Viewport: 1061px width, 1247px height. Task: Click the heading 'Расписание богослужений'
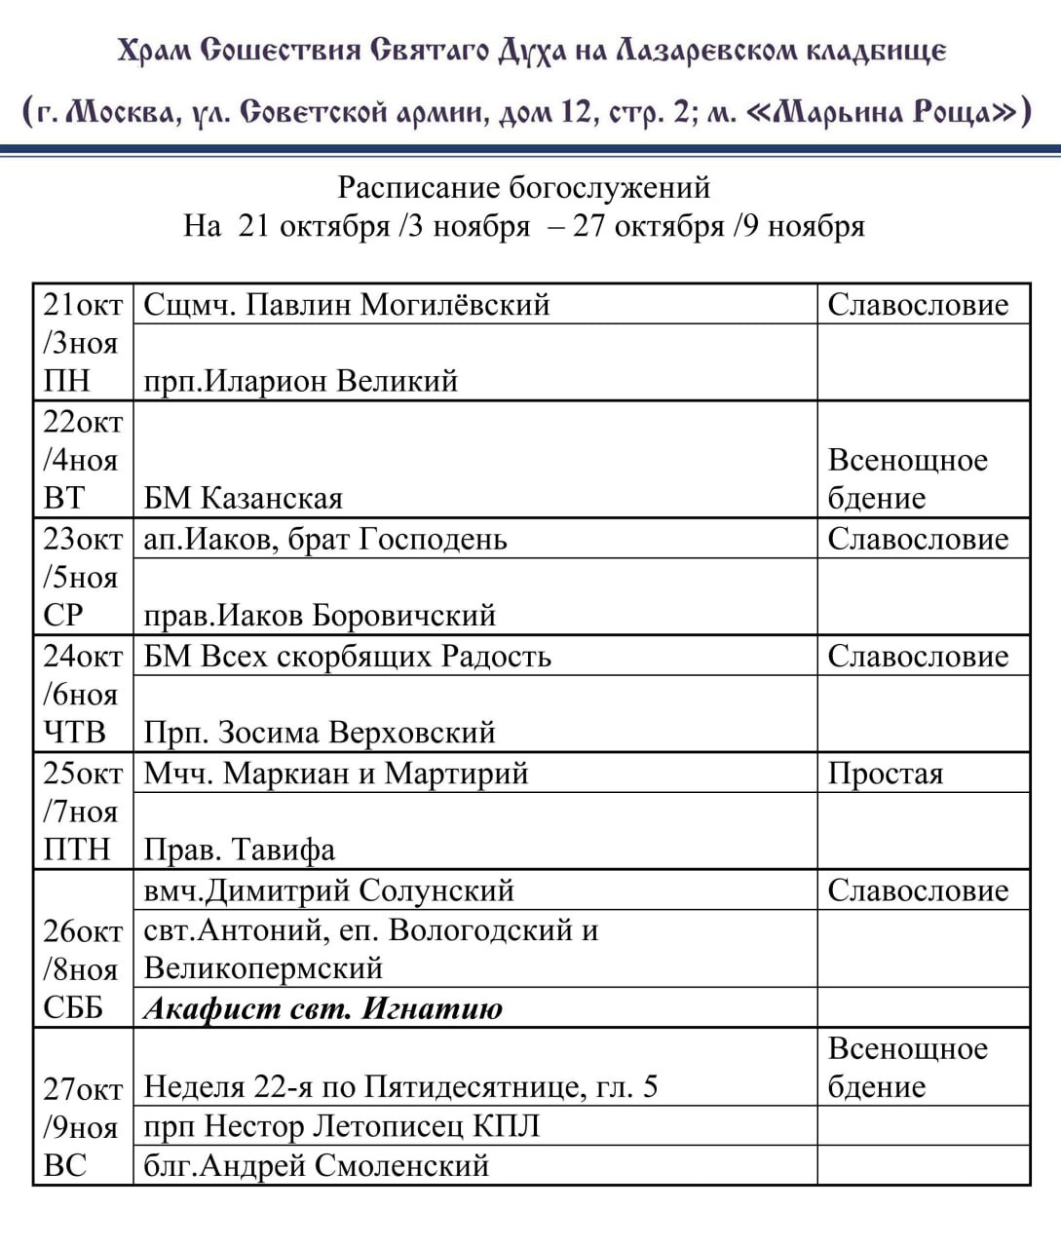point(524,187)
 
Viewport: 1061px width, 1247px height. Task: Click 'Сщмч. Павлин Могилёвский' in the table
point(347,305)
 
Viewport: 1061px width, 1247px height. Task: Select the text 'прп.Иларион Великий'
point(300,381)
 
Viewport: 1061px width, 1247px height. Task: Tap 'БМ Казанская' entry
point(244,499)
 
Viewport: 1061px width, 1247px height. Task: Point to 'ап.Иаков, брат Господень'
point(325,539)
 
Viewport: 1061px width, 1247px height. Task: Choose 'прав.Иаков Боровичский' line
point(320,616)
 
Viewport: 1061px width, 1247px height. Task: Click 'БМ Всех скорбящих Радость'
point(347,657)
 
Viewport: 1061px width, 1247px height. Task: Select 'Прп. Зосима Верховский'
point(320,733)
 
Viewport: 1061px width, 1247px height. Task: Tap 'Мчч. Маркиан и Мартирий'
point(336,774)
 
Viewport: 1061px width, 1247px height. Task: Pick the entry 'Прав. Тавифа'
point(240,850)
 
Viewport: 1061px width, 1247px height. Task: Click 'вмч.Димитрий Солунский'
point(328,890)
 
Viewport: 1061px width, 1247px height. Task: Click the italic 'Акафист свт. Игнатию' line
point(323,1008)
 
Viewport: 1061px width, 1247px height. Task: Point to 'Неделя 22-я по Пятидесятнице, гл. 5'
point(400,1086)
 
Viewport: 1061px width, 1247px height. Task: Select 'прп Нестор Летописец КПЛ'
point(341,1126)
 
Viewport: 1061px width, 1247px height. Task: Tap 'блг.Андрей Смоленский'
point(316,1165)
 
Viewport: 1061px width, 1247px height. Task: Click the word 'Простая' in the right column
point(886,774)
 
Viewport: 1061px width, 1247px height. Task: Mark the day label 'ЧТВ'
point(75,733)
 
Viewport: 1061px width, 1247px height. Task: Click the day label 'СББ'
point(73,1008)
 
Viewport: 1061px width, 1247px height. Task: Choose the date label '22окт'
point(83,422)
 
